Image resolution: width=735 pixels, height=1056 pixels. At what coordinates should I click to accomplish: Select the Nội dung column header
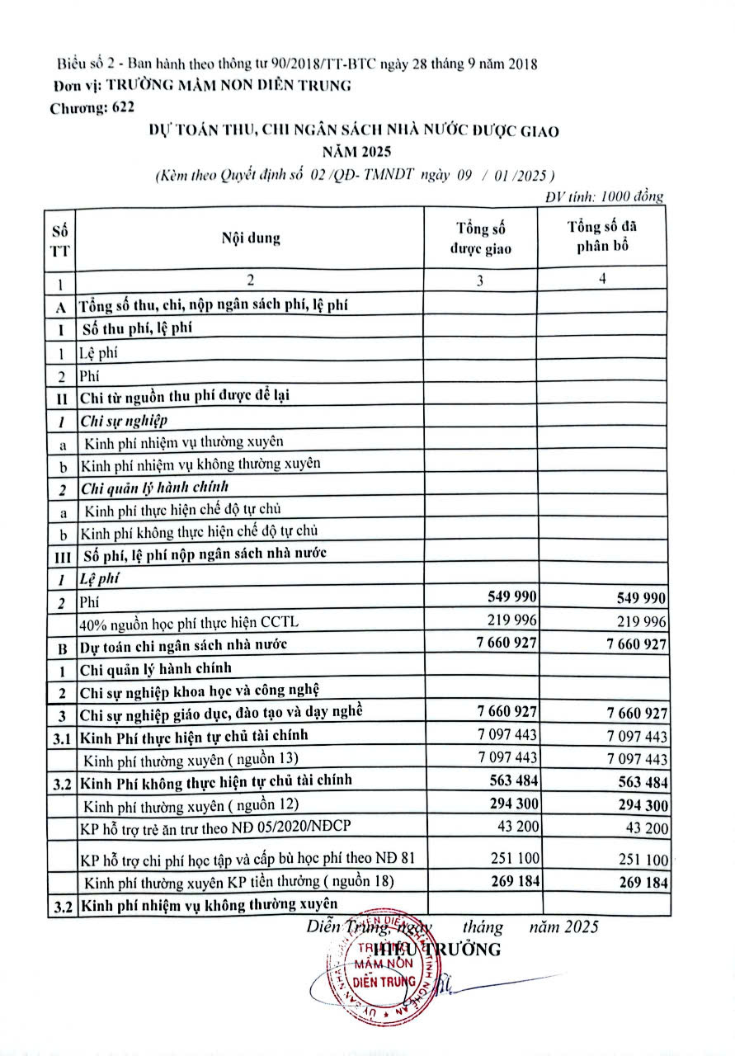(x=250, y=238)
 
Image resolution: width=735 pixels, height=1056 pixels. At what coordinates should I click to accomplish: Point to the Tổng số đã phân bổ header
(x=602, y=237)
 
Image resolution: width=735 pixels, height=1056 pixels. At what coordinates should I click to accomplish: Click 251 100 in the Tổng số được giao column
(x=510, y=858)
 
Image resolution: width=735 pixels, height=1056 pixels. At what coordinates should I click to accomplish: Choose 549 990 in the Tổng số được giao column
(x=510, y=597)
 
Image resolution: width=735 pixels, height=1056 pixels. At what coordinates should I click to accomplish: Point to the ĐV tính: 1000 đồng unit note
(x=605, y=196)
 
